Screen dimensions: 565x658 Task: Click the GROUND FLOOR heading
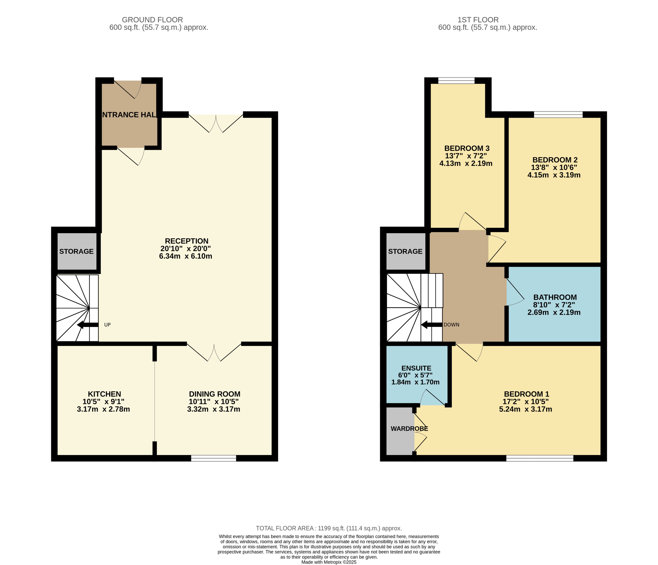pyautogui.click(x=152, y=20)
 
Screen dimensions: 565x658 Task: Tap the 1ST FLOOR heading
pyautogui.click(x=478, y=20)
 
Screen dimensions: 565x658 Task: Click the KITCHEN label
pyautogui.click(x=104, y=394)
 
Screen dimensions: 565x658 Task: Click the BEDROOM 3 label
pyautogui.click(x=467, y=148)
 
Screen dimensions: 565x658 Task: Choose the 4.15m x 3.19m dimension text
pyautogui.click(x=554, y=175)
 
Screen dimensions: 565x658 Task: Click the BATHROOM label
pyautogui.click(x=555, y=297)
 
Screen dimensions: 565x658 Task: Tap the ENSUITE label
pyautogui.click(x=416, y=368)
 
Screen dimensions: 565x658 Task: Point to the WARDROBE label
pyautogui.click(x=409, y=429)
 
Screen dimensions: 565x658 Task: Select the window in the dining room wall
pyautogui.click(x=213, y=458)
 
